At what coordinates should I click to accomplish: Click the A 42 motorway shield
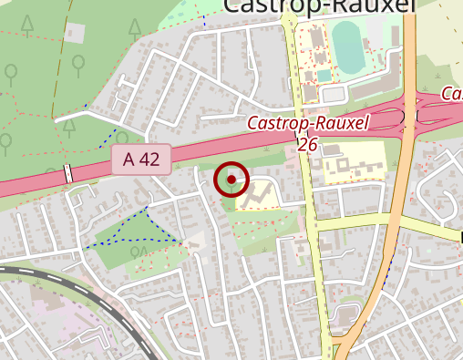pyautogui.click(x=141, y=159)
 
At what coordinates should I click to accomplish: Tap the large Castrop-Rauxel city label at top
pyautogui.click(x=319, y=6)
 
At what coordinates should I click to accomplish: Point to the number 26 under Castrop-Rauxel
pyautogui.click(x=307, y=144)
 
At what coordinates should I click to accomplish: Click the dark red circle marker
pyautogui.click(x=231, y=180)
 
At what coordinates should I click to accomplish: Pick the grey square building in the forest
pyautogui.click(x=74, y=35)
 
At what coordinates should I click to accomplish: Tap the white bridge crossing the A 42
pyautogui.click(x=67, y=173)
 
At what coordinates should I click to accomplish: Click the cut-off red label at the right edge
pyautogui.click(x=452, y=94)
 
